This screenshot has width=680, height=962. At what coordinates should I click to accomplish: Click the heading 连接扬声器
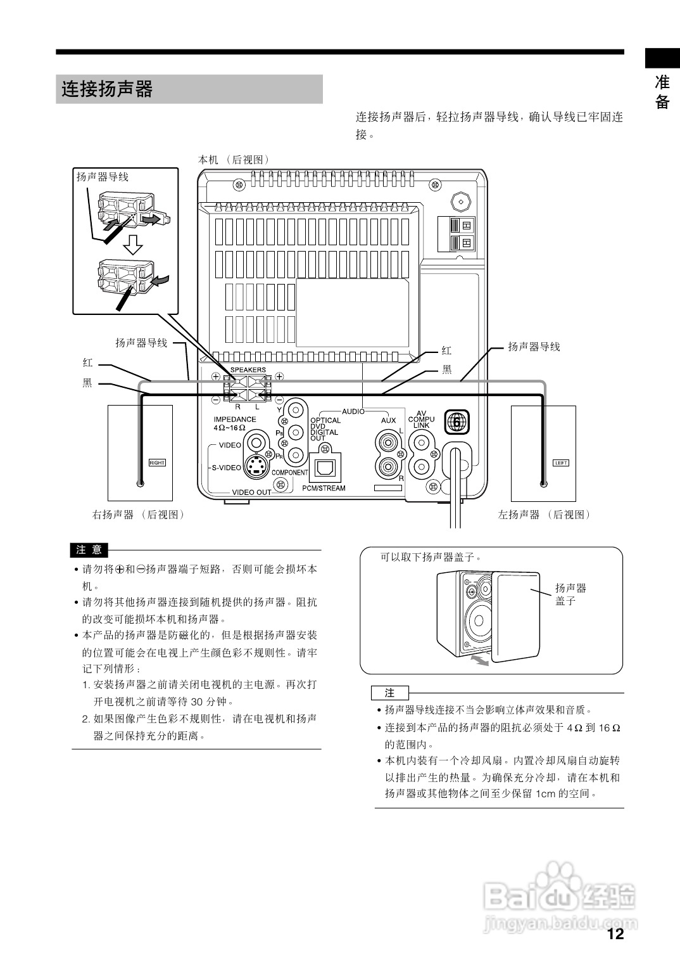107,89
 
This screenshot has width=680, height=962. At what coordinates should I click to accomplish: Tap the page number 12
615,933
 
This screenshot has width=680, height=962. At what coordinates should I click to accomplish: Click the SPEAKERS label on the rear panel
248,369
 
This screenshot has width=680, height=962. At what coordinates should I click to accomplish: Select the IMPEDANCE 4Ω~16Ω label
234,423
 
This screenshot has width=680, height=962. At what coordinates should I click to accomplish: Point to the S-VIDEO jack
256,468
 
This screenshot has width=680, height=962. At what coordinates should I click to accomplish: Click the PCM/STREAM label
324,488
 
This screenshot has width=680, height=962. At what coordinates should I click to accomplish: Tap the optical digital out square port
325,468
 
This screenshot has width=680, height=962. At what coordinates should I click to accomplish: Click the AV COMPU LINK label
421,420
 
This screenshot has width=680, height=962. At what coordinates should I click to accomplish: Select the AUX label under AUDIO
388,420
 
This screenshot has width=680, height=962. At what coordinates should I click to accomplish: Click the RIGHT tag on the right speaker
156,463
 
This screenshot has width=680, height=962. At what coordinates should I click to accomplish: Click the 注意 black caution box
89,549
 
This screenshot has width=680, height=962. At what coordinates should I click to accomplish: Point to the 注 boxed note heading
390,693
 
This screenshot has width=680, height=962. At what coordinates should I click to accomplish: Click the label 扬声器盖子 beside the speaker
570,594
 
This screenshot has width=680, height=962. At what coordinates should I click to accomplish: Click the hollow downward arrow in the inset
133,243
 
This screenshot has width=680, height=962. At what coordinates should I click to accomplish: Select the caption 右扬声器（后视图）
139,515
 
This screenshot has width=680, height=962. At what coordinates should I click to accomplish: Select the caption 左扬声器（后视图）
544,515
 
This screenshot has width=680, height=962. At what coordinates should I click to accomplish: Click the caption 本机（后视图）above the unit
234,160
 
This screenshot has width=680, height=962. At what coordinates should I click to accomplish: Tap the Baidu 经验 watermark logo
560,896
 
